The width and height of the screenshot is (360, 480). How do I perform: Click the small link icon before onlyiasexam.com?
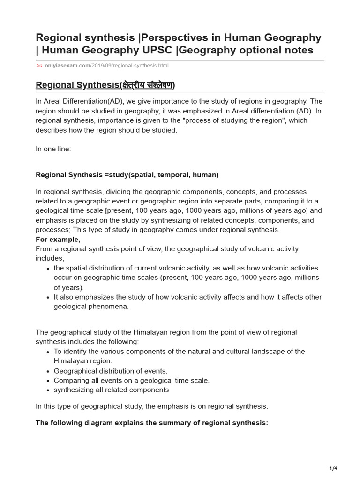click(x=39, y=66)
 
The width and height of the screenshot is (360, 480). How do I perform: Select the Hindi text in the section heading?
click(x=147, y=85)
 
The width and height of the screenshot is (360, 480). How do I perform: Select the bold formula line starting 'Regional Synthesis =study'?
click(x=127, y=175)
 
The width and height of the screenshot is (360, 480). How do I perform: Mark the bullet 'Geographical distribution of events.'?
click(x=111, y=371)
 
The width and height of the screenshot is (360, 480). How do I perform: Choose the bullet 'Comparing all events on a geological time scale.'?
click(x=131, y=380)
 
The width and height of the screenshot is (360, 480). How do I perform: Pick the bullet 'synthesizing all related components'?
click(x=111, y=390)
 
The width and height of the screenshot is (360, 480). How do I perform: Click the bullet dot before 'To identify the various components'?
click(x=48, y=352)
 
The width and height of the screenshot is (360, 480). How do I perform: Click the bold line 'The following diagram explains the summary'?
click(x=152, y=422)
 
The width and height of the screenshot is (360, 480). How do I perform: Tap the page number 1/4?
click(x=333, y=468)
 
